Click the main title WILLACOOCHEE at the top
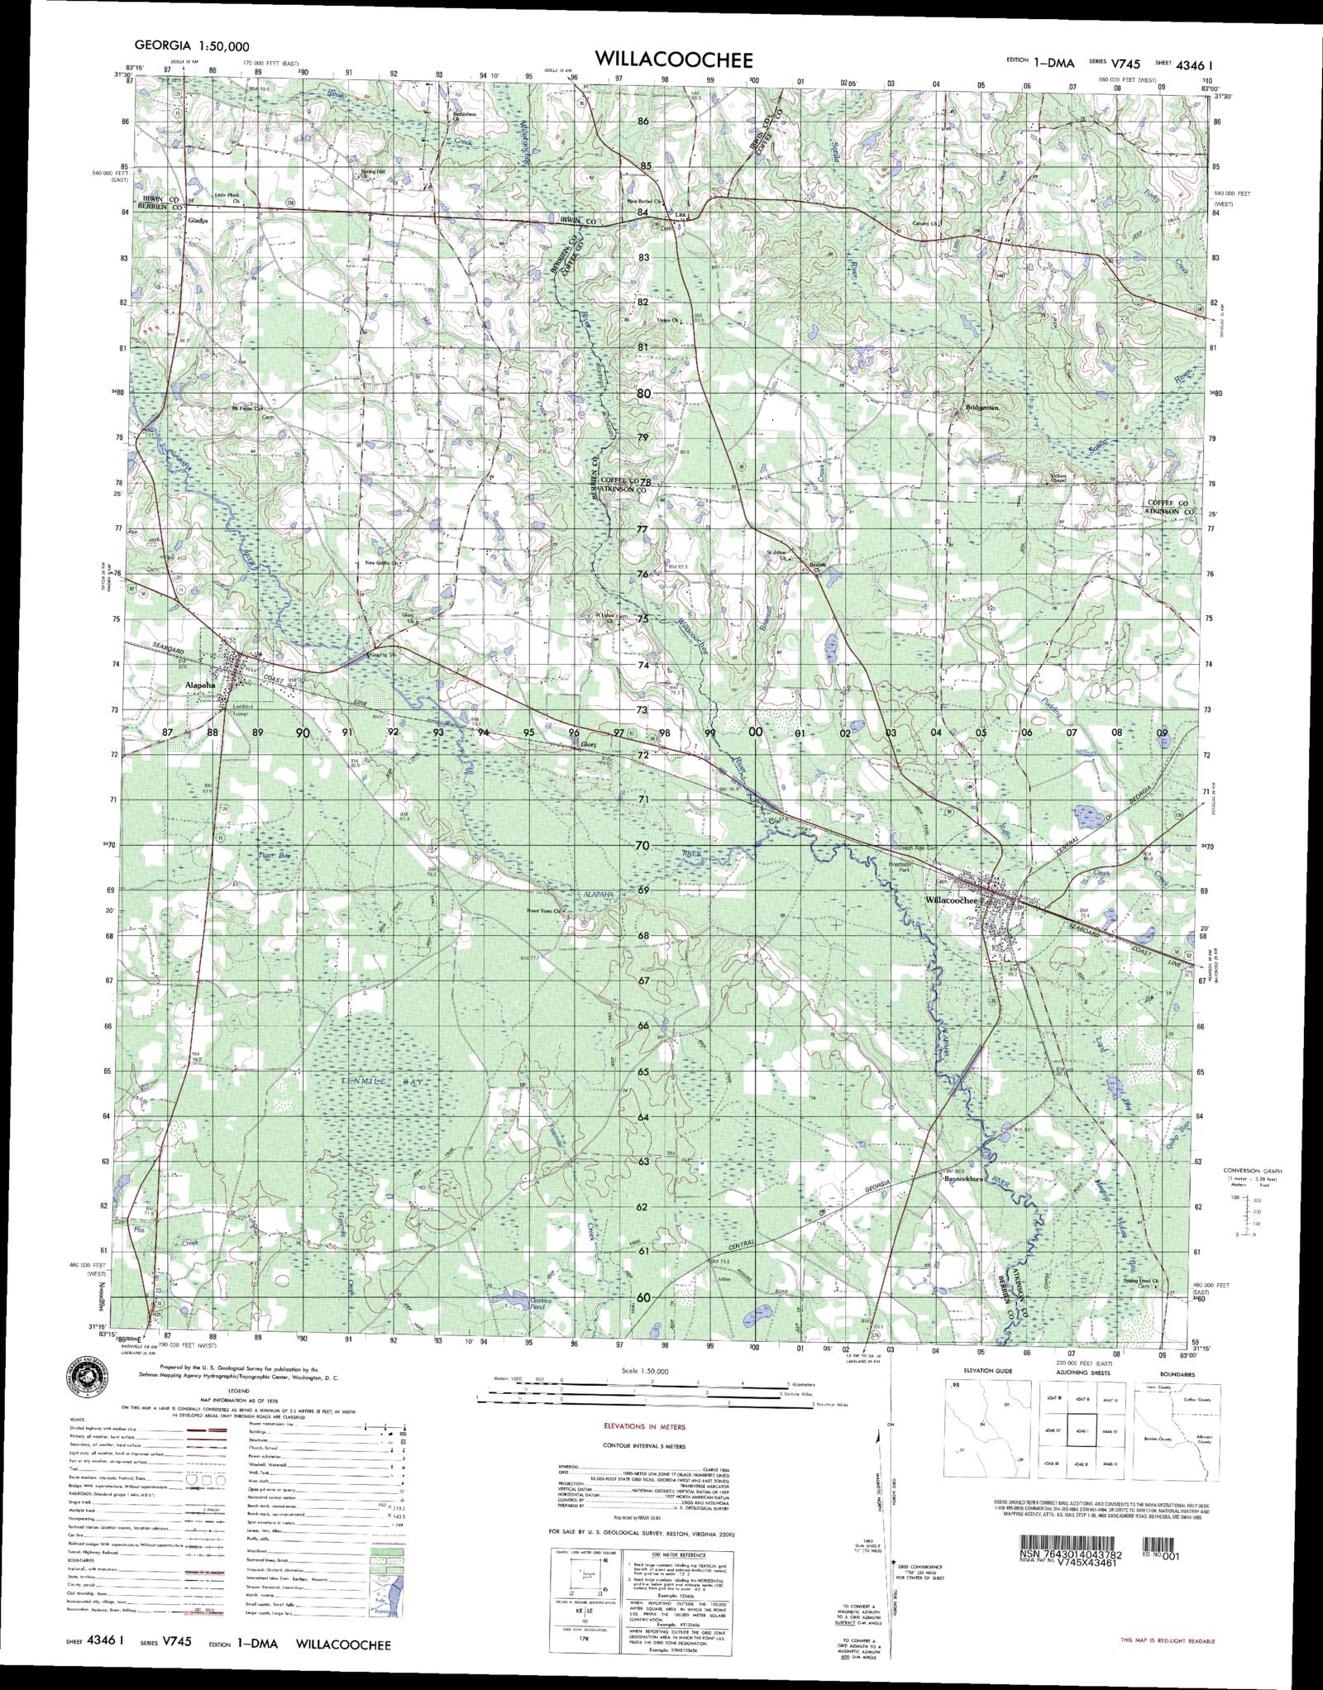(672, 60)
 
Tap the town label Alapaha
(200, 685)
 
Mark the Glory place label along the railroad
(589, 744)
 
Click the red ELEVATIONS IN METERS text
(643, 1426)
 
